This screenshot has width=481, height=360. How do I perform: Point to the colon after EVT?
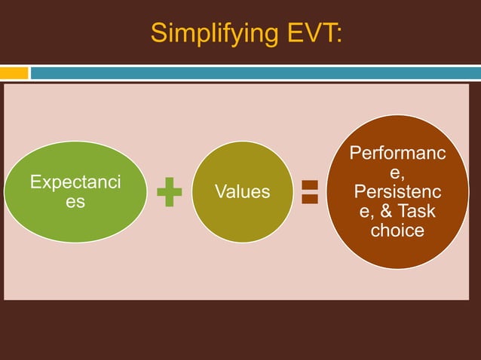(339, 34)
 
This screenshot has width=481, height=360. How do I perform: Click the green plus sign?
(170, 192)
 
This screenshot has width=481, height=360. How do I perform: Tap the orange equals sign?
(309, 191)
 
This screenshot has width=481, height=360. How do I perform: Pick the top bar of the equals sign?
(309, 185)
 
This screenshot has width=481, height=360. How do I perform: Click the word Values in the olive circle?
(243, 192)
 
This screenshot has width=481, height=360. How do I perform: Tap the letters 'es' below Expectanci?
(75, 202)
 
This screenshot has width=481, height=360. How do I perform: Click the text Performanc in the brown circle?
(397, 155)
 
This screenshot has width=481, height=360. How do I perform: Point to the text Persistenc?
(397, 193)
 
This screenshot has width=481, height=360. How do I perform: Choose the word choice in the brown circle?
(397, 230)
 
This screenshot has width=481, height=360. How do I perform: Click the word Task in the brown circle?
(418, 212)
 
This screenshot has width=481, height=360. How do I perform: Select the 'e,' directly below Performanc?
(397, 174)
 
